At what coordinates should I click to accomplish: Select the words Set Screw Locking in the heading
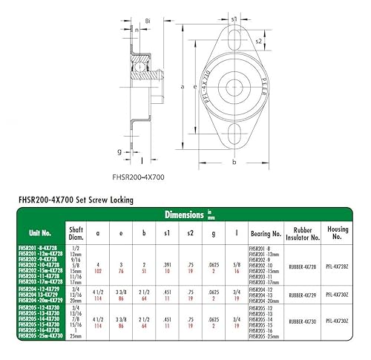[123, 199]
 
